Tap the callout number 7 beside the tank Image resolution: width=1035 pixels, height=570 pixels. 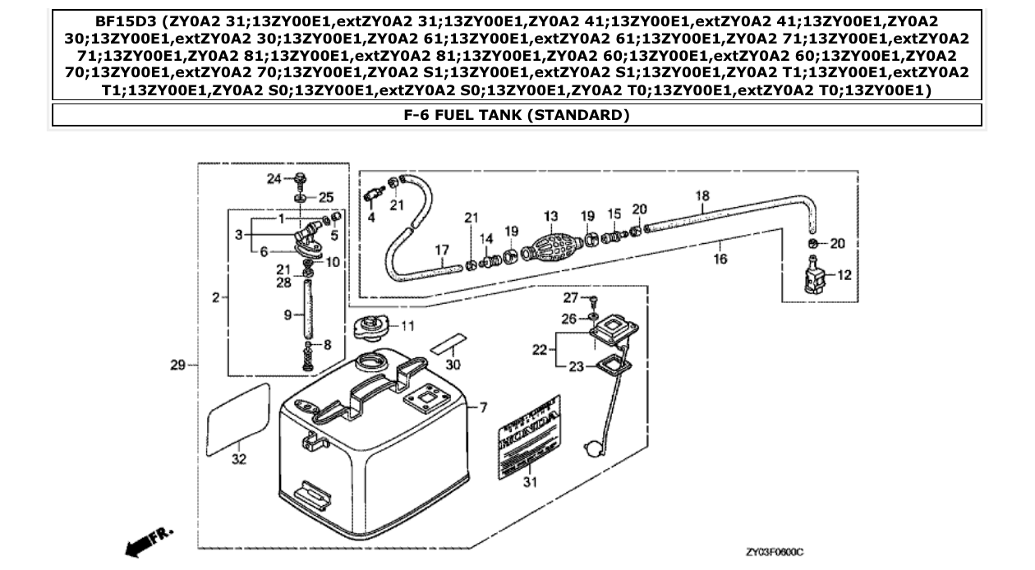[x=483, y=407]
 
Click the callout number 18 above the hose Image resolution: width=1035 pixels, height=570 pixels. [x=702, y=195]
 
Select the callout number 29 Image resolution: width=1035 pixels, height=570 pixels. [x=177, y=365]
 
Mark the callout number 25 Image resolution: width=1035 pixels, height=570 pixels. [x=326, y=197]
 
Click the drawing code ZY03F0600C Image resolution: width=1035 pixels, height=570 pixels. [x=775, y=552]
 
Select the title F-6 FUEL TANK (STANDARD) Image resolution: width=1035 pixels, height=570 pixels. [x=517, y=115]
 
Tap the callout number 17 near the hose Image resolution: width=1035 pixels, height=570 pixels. [x=441, y=249]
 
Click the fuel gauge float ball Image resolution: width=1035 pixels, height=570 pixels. [x=590, y=449]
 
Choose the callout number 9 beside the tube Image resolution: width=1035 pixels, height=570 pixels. [x=288, y=314]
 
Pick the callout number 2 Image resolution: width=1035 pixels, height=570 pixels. [x=215, y=297]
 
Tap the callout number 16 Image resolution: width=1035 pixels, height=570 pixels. [x=720, y=258]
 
